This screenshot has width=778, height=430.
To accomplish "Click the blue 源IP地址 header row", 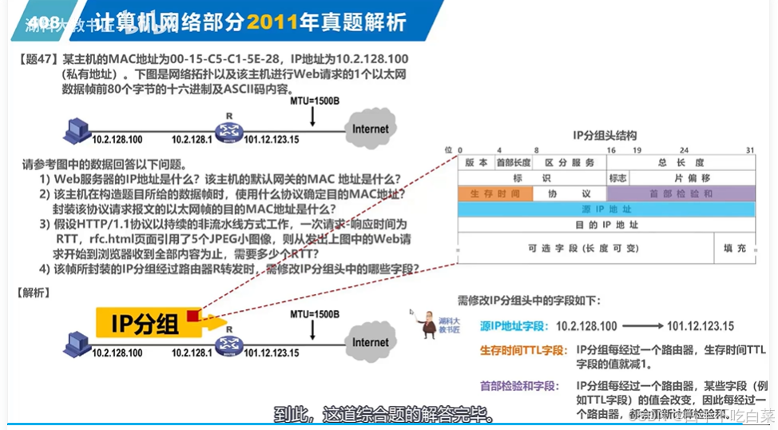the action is pyautogui.click(x=606, y=209).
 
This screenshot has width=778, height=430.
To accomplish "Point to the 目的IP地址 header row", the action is pyautogui.click(x=606, y=225).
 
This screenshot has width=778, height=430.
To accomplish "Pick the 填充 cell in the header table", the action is pyautogui.click(x=734, y=248).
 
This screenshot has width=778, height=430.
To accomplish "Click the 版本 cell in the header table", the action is pyautogui.click(x=476, y=162).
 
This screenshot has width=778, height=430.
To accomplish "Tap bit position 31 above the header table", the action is pyautogui.click(x=749, y=150).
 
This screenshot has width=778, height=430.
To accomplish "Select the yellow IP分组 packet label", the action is pyautogui.click(x=145, y=323).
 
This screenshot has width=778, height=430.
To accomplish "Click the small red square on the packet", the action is pyautogui.click(x=193, y=316).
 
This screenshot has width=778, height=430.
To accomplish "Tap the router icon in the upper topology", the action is pyautogui.click(x=227, y=130).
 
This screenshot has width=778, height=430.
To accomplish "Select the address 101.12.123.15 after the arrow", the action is pyautogui.click(x=700, y=326).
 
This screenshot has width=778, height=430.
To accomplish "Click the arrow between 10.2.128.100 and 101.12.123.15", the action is pyautogui.click(x=642, y=326).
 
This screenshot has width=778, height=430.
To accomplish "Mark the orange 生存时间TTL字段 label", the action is pyautogui.click(x=522, y=350).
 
